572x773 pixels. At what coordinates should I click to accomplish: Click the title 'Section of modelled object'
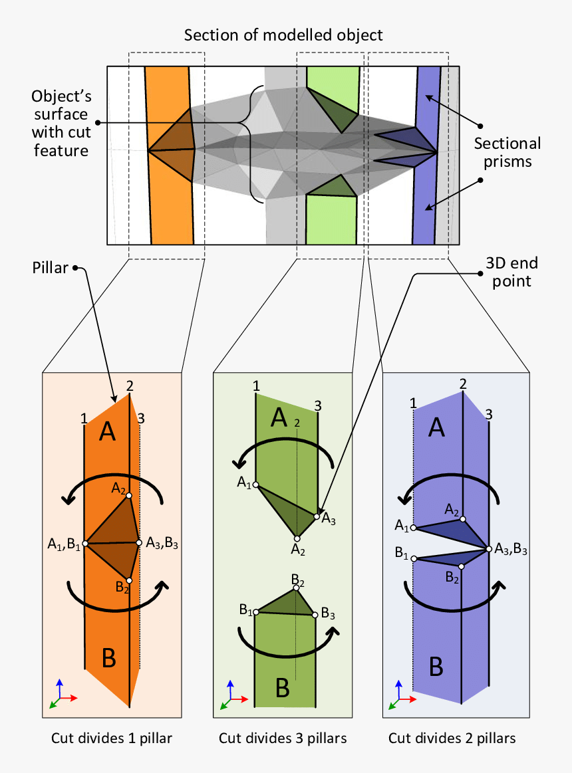coord(283,35)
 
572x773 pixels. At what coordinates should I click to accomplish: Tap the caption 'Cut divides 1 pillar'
coord(112,738)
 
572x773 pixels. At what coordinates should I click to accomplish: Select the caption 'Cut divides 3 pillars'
coord(283,738)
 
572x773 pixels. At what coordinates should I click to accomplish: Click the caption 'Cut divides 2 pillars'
coord(452,738)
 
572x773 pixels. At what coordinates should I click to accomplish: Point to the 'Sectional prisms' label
coord(507,152)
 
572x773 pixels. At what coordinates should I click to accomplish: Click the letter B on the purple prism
coord(436,665)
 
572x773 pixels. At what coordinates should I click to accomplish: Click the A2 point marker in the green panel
coord(297,538)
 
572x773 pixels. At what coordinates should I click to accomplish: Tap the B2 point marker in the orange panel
coord(129,580)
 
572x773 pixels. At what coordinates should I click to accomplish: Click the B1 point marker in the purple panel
coord(414,559)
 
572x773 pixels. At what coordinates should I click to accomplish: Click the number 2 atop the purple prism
coord(463,384)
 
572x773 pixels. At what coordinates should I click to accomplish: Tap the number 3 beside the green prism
coord(318,405)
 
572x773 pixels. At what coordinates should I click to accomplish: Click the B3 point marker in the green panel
coord(315,615)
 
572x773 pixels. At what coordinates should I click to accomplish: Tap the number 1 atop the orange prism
coord(84,418)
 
